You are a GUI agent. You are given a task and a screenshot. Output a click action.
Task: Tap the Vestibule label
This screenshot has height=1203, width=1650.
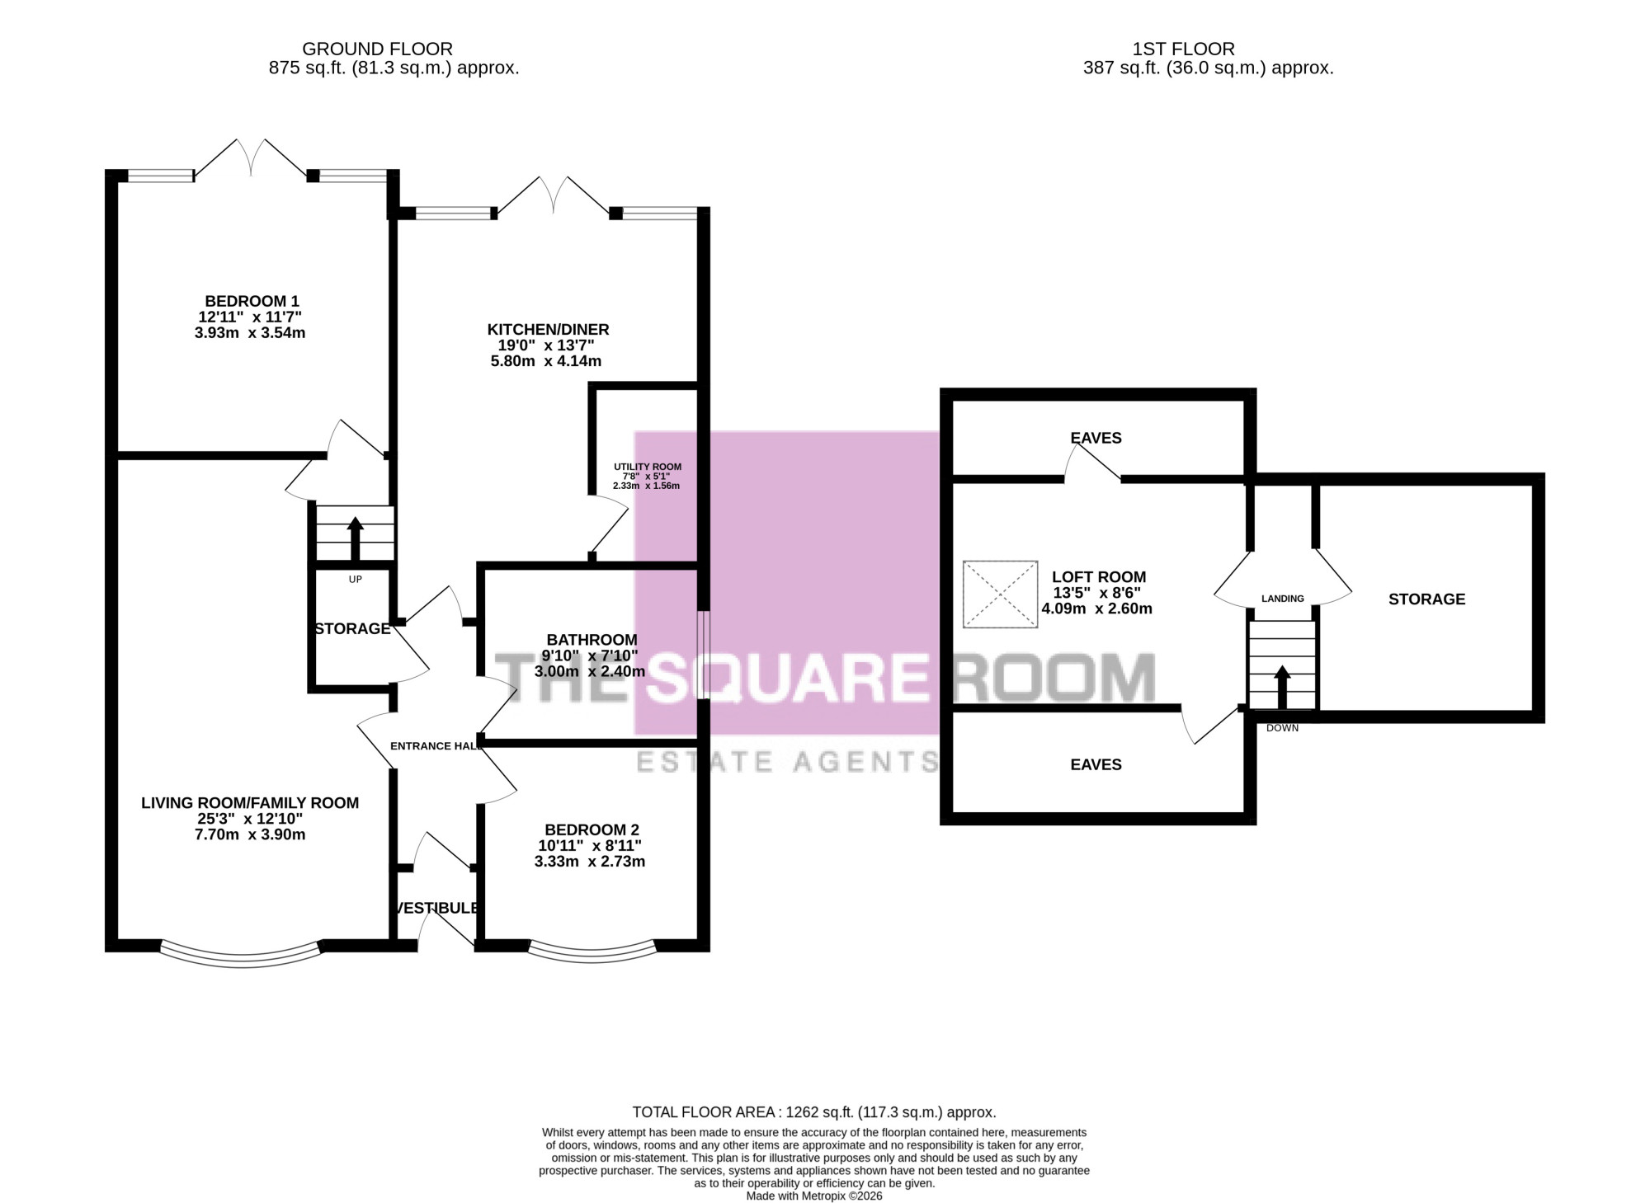tap(437, 908)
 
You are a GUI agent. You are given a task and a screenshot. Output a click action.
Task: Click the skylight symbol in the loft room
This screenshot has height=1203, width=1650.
tap(1000, 594)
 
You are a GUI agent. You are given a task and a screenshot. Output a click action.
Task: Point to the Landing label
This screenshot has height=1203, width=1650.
tap(1283, 599)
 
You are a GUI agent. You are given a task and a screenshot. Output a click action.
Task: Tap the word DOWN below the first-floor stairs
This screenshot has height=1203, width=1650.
tap(1282, 728)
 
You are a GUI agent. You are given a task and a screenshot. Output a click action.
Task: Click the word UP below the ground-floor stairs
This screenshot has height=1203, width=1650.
tap(355, 580)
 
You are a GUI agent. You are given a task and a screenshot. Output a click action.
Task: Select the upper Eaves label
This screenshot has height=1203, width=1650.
tap(1096, 438)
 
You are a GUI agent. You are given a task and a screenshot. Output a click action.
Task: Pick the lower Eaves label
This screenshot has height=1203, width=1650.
tap(1096, 765)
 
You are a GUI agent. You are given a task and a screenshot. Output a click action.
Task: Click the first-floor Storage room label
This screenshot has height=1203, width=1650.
tap(1426, 599)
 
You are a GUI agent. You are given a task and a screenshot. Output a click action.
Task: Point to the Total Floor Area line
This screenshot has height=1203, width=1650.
tap(814, 1112)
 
